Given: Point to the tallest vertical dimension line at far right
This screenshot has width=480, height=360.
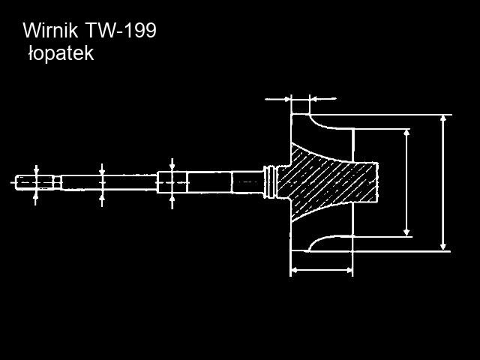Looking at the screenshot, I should [444, 182].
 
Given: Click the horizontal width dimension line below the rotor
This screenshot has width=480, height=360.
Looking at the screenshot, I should [321, 269].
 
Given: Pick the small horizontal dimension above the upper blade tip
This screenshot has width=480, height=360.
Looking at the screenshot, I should [301, 98].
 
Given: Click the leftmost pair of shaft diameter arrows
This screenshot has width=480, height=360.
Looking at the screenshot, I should [36, 181].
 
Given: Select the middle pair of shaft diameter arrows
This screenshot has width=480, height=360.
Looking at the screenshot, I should [102, 182].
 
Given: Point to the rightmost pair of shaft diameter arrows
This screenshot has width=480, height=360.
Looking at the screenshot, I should [172, 182].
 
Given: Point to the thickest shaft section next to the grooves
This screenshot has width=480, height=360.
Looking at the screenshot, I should [247, 181].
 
